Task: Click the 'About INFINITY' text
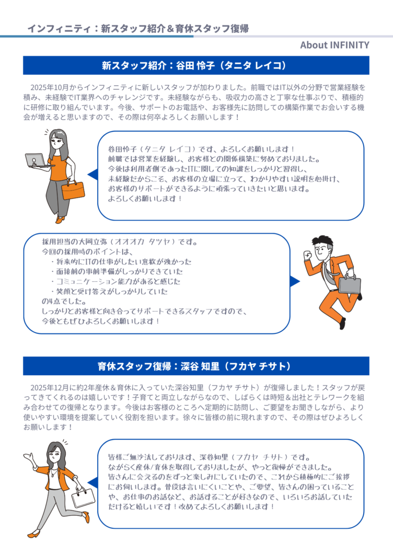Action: tap(334, 45)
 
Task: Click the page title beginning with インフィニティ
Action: tap(138, 28)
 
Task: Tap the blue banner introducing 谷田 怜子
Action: tap(196, 65)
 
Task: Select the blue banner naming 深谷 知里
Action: tap(196, 366)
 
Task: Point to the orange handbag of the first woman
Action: tap(73, 189)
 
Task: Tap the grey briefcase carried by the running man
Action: tap(349, 283)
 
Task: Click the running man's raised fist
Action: tap(307, 255)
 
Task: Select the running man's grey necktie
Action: tap(328, 275)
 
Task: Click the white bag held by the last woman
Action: tap(83, 497)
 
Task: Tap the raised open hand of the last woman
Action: tap(29, 457)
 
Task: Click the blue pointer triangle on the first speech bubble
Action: tap(93, 174)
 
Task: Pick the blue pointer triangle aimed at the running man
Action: tap(295, 282)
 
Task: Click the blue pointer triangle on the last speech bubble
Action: tap(93, 483)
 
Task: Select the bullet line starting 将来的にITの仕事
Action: tap(121, 262)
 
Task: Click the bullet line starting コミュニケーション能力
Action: tap(116, 282)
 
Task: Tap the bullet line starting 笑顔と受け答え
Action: tap(109, 292)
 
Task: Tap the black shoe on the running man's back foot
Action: tap(343, 323)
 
